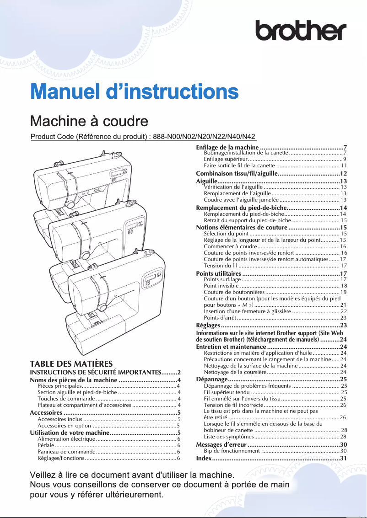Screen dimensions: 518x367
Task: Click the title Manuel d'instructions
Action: coord(134,91)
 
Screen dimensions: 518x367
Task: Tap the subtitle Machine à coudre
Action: coord(89,121)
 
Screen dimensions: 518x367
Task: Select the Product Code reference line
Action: coord(143,137)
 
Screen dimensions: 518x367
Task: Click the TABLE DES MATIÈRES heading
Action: coord(71,364)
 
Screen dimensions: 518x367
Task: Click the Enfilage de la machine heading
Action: coord(227,147)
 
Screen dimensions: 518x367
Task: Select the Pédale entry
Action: coord(46,445)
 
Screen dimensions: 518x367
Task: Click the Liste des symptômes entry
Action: coord(227,437)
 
